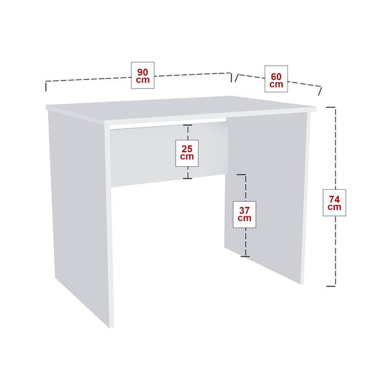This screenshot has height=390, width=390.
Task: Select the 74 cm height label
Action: [x=335, y=202]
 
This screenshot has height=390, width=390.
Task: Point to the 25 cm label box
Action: [x=187, y=152]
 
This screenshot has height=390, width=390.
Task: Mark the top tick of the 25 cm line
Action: [x=187, y=125]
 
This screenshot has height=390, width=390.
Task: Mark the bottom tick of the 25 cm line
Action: [x=187, y=178]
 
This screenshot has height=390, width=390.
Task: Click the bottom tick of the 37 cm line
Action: [x=244, y=256]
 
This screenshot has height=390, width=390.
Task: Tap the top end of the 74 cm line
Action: [x=331, y=107]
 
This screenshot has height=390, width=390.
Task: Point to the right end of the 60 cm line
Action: [x=321, y=90]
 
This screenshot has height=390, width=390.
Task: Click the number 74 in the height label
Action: [x=335, y=198]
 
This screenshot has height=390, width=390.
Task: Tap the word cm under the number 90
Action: [x=142, y=80]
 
